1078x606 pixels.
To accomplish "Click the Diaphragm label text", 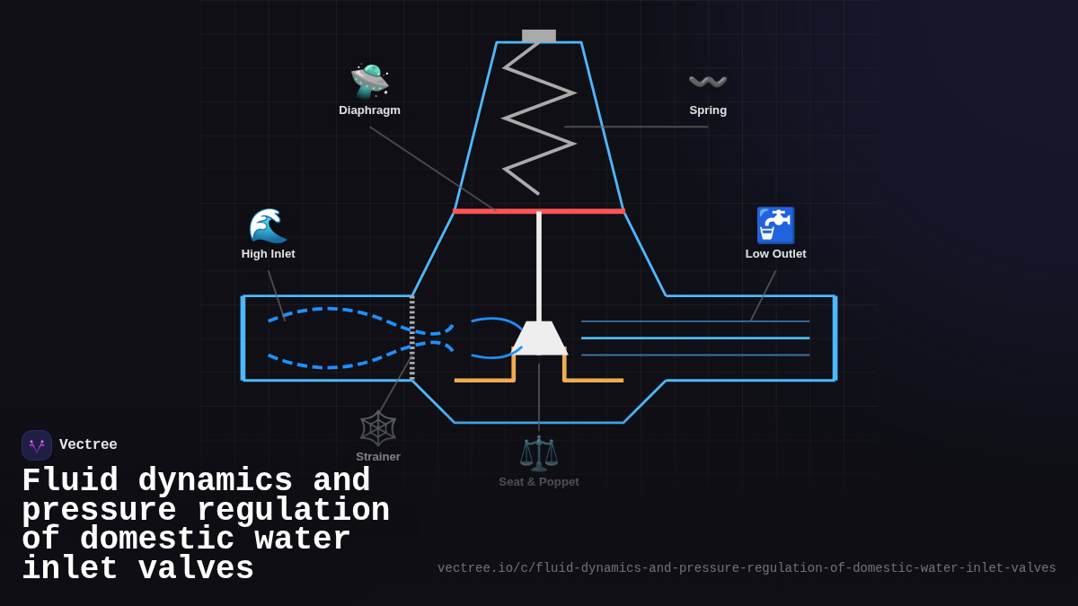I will [369, 110].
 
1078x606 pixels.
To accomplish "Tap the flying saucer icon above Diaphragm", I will [369, 82].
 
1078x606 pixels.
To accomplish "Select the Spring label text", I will [708, 110].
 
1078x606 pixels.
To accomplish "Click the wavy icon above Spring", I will [708, 83].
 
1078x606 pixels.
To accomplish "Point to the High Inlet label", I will [268, 254].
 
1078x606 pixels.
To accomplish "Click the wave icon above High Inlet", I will [268, 225].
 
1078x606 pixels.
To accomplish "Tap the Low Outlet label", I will [775, 254].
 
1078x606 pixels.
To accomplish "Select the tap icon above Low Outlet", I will [775, 225].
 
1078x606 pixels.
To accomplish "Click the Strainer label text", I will [378, 457].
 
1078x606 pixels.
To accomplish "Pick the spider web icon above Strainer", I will [378, 428].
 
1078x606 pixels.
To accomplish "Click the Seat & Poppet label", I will [539, 482].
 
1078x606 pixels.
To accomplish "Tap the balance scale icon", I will [539, 453].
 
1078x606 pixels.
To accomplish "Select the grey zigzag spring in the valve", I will [539, 117].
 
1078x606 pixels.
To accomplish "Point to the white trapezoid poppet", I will [539, 338].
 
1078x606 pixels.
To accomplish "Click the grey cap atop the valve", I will [539, 36].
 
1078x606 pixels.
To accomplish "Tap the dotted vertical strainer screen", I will [412, 338].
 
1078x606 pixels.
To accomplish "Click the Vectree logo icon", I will [37, 445].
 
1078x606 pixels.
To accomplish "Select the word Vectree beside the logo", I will [88, 445].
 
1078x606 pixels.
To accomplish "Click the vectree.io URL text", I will [747, 568].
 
